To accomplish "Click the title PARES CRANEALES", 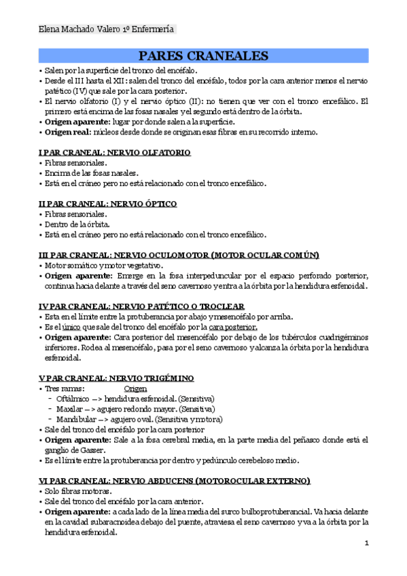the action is point(203,56).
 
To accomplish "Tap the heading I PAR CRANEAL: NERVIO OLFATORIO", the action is point(114,153).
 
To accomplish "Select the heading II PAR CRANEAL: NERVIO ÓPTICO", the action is point(107,204).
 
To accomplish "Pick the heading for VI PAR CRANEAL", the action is point(174,480).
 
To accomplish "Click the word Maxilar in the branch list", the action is point(71,409).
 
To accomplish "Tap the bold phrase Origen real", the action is point(69,132).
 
